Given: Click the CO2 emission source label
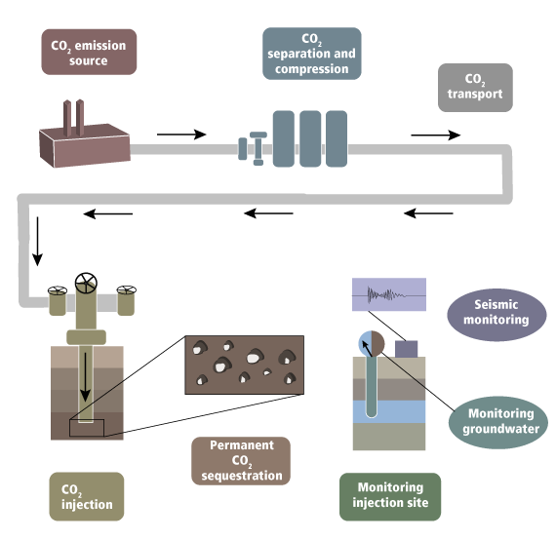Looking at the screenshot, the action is (x=89, y=52).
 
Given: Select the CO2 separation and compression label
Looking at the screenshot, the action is (x=312, y=54).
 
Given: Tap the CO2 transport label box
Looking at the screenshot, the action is (x=475, y=88).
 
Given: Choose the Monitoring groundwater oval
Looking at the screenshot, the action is (x=497, y=422).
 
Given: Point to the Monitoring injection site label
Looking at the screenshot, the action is (x=390, y=496).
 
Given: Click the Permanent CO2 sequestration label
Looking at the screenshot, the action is (x=241, y=461).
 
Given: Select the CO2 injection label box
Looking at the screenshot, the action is (x=87, y=496).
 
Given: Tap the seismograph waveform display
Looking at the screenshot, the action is (x=389, y=294).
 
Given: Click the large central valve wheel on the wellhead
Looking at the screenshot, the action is (x=86, y=283).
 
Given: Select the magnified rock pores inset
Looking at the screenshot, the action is (x=244, y=365).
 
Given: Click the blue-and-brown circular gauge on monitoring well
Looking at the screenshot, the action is (x=372, y=344).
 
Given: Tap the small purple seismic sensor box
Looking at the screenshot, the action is (x=407, y=349).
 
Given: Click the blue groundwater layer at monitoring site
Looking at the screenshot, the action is (x=389, y=411).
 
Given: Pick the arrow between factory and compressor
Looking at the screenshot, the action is (x=181, y=135).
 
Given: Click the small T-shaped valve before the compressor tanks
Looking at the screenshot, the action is (x=258, y=148).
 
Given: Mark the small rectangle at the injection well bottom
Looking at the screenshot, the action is (x=87, y=428).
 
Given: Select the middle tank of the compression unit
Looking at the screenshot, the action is (x=310, y=138).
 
